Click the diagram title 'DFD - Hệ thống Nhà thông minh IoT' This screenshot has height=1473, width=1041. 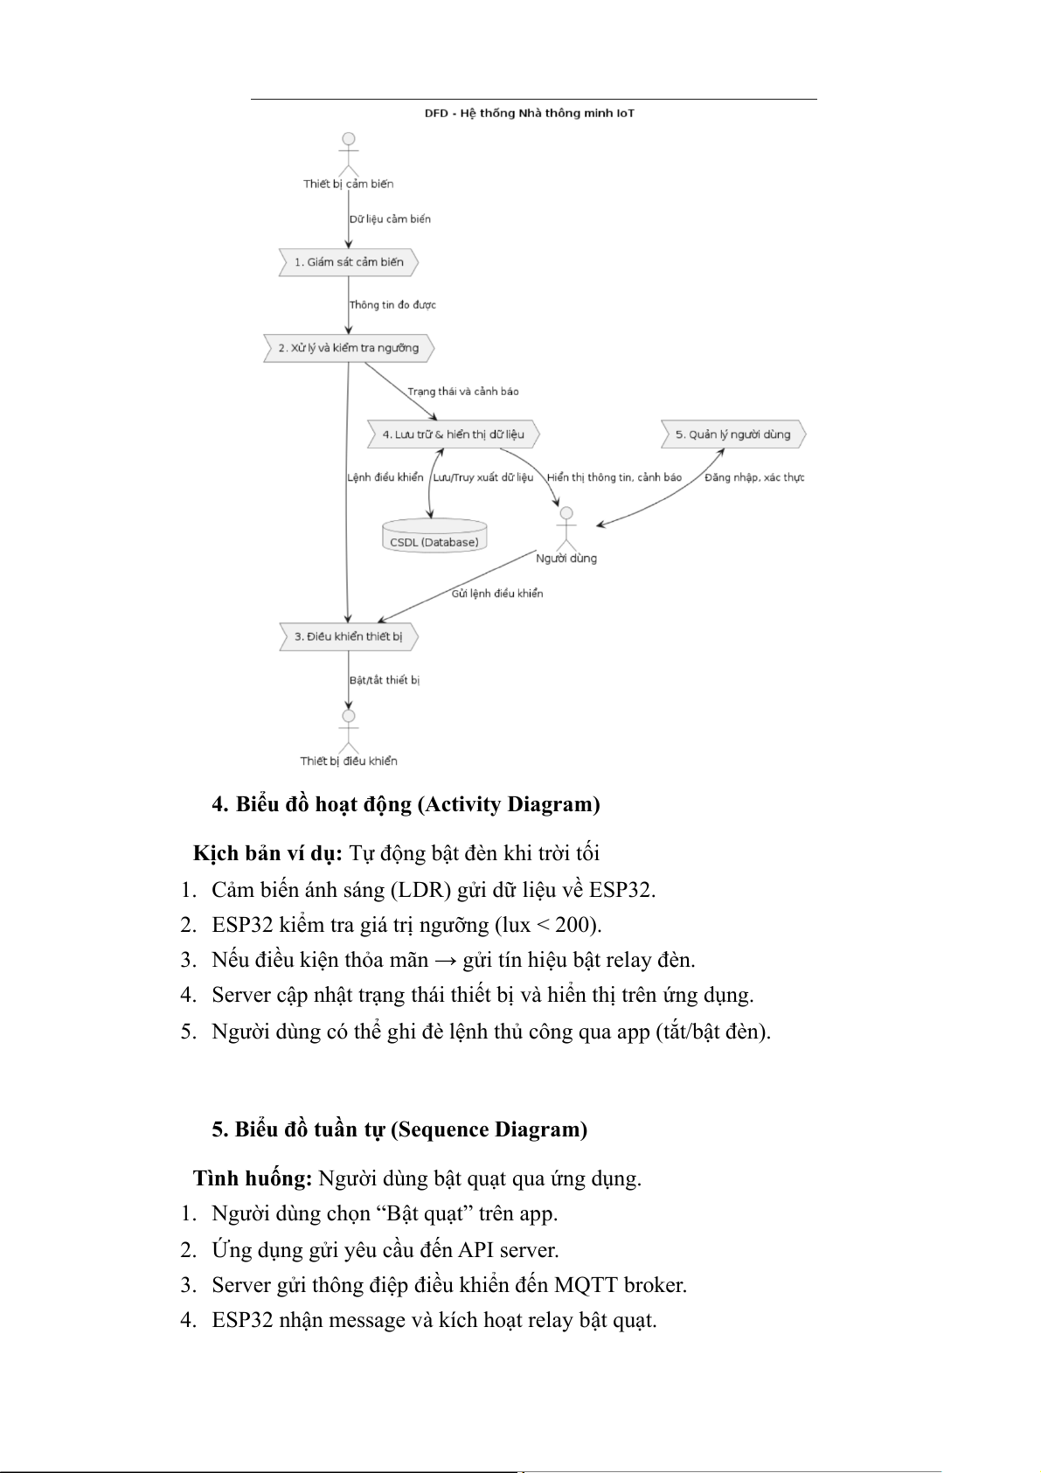(x=529, y=114)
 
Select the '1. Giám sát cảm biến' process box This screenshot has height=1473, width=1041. (x=348, y=262)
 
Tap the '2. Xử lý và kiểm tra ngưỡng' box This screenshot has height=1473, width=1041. (x=348, y=348)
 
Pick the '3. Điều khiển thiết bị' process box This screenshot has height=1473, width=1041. (x=348, y=636)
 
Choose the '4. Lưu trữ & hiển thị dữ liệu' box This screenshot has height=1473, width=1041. (x=453, y=434)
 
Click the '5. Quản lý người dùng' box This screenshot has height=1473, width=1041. (x=732, y=434)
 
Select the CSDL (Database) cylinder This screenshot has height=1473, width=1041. (x=434, y=536)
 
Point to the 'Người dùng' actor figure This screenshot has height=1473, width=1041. (x=566, y=525)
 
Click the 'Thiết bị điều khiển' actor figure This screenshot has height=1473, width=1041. (x=349, y=733)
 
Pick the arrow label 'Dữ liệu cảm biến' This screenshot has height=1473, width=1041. (x=390, y=219)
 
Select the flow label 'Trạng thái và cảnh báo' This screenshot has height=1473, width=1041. (x=463, y=392)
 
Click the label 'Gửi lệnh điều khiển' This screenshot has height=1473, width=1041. (x=497, y=594)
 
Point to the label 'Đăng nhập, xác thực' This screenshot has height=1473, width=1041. (x=754, y=477)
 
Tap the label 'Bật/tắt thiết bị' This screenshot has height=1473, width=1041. (x=385, y=680)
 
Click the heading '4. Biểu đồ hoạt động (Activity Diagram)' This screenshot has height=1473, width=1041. (x=406, y=804)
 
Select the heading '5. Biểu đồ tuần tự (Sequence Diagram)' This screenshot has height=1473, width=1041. (x=399, y=1129)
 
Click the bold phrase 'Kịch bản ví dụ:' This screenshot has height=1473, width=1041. (x=268, y=853)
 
